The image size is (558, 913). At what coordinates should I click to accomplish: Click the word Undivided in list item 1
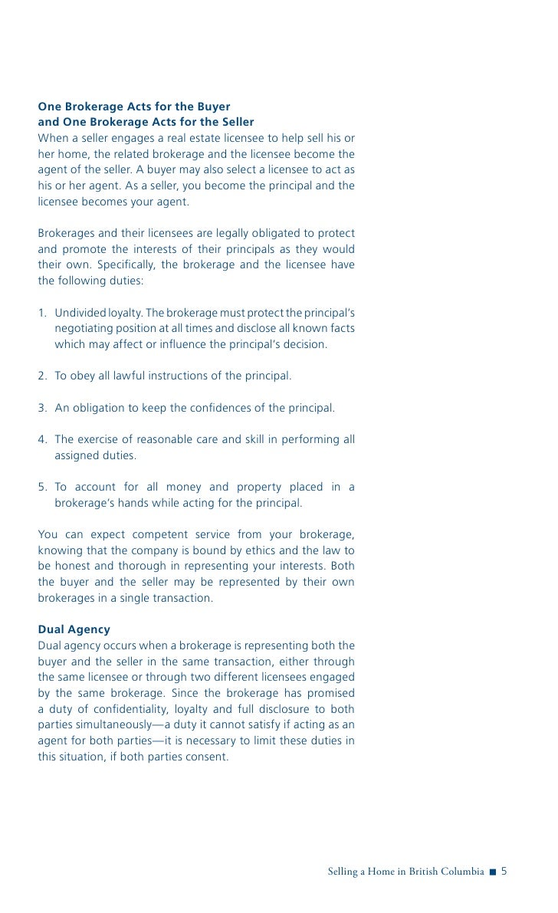point(82,314)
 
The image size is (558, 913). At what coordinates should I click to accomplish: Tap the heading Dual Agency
point(74,629)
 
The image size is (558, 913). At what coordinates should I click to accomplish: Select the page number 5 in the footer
point(505,872)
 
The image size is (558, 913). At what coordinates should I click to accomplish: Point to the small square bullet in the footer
point(493,872)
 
